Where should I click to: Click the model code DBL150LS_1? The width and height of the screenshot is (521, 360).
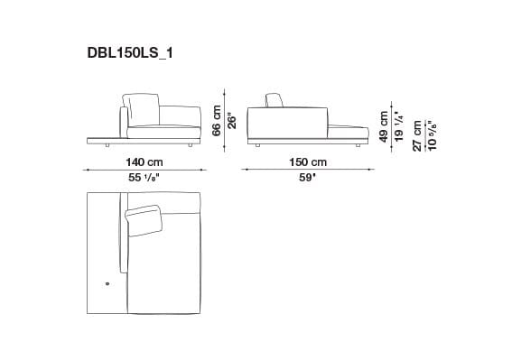[x=130, y=53]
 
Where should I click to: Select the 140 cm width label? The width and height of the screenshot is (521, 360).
[x=144, y=162]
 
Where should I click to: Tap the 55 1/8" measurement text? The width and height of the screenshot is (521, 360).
[x=144, y=178]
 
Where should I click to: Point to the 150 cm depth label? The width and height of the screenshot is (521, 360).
[x=307, y=162]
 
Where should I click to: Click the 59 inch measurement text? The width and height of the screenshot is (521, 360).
[x=308, y=178]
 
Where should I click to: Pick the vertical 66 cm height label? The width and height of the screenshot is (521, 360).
[x=217, y=119]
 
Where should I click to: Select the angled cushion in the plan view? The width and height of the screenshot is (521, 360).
[x=144, y=219]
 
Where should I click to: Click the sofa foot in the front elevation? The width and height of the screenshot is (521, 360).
[x=191, y=143]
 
